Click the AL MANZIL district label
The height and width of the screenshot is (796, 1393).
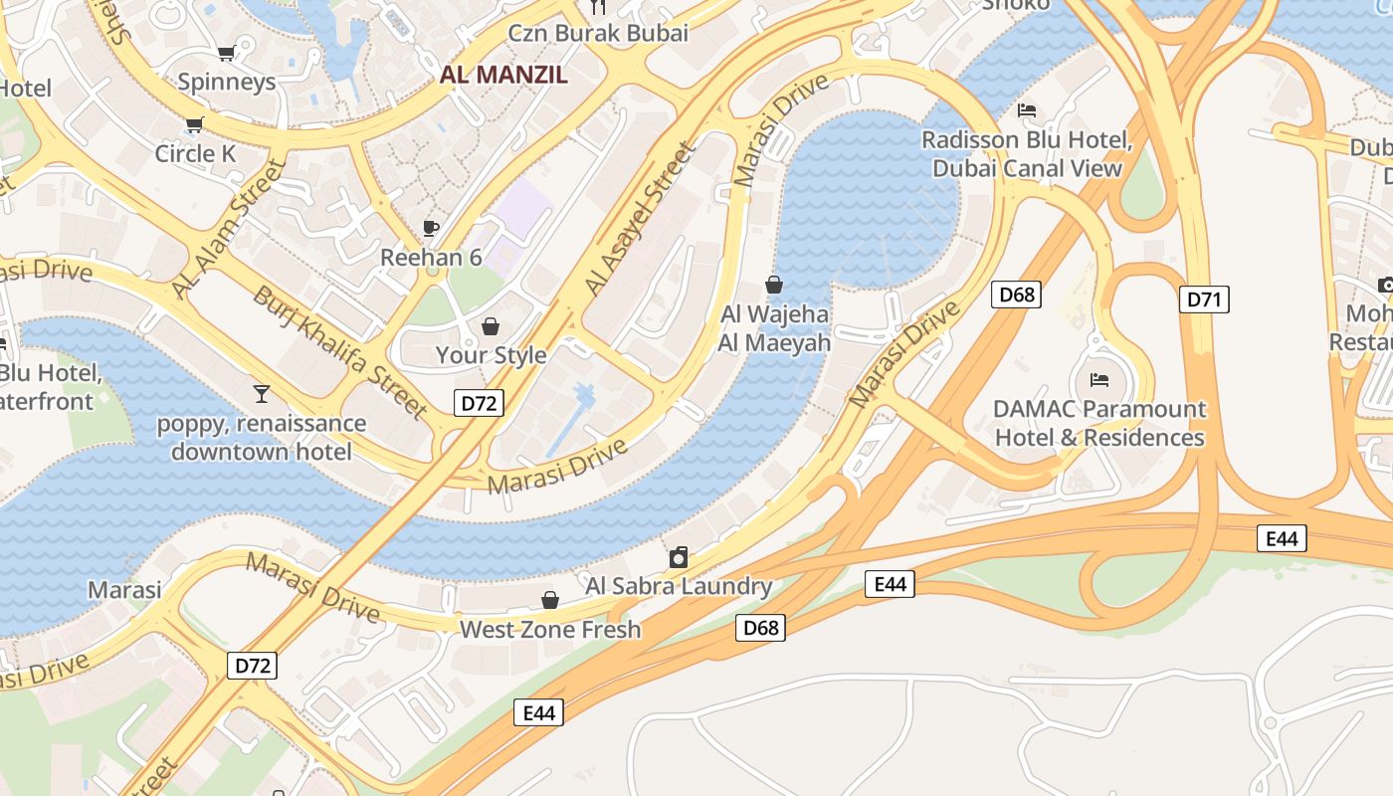[503, 75]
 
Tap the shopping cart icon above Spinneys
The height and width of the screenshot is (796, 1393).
[226, 53]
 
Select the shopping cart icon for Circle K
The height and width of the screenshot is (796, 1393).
[194, 125]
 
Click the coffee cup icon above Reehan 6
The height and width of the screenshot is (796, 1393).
[431, 228]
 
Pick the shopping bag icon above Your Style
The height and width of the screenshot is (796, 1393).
[491, 326]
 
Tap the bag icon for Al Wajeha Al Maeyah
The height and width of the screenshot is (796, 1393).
[774, 286]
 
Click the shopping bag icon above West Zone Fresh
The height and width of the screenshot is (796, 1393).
[549, 600]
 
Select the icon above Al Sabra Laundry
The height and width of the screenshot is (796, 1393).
[679, 557]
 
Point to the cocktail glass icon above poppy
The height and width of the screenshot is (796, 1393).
[262, 394]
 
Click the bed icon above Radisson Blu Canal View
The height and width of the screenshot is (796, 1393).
[1027, 110]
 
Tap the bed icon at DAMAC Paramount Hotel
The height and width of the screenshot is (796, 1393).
[1099, 380]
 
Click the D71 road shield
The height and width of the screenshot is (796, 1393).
[1204, 299]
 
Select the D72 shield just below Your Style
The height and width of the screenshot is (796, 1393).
[479, 403]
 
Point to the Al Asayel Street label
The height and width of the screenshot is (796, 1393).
[638, 220]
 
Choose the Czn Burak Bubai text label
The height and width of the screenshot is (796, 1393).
[598, 33]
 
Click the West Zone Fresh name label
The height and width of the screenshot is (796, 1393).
[550, 630]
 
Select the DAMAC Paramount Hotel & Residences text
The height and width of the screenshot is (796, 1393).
[1099, 423]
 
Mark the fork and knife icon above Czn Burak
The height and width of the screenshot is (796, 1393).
[598, 7]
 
